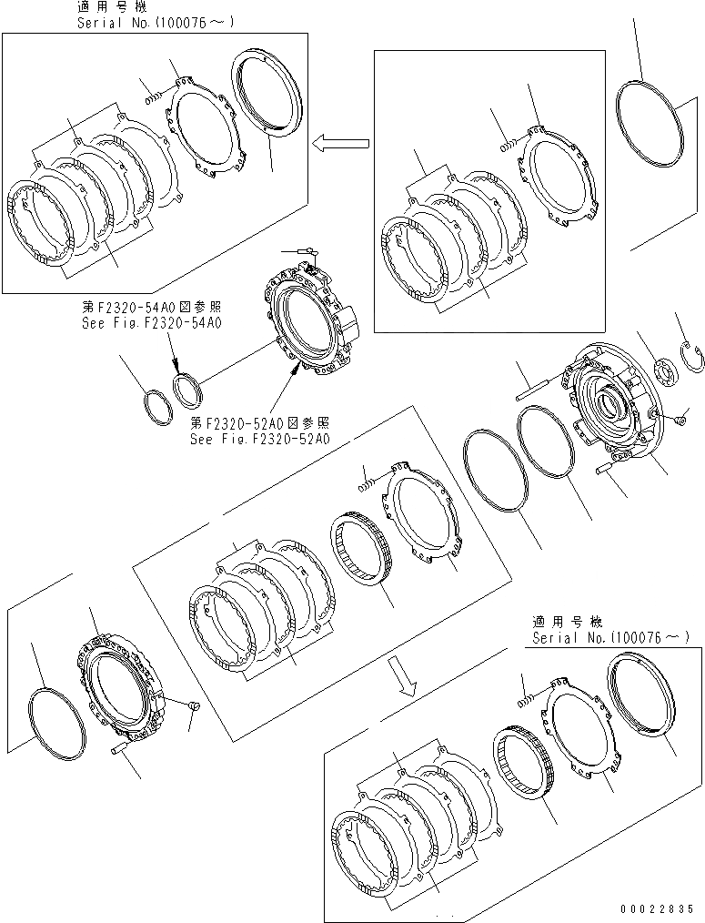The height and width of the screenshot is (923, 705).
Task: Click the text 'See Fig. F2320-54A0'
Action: (x=151, y=323)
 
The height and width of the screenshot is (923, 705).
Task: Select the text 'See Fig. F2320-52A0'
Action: (x=259, y=439)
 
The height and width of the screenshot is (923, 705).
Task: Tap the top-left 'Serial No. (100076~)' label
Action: (x=156, y=23)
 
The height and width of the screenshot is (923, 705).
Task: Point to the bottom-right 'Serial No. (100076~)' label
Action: (x=610, y=637)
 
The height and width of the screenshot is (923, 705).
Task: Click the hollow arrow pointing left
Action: (x=341, y=143)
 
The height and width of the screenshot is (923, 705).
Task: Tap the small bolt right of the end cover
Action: (x=680, y=420)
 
